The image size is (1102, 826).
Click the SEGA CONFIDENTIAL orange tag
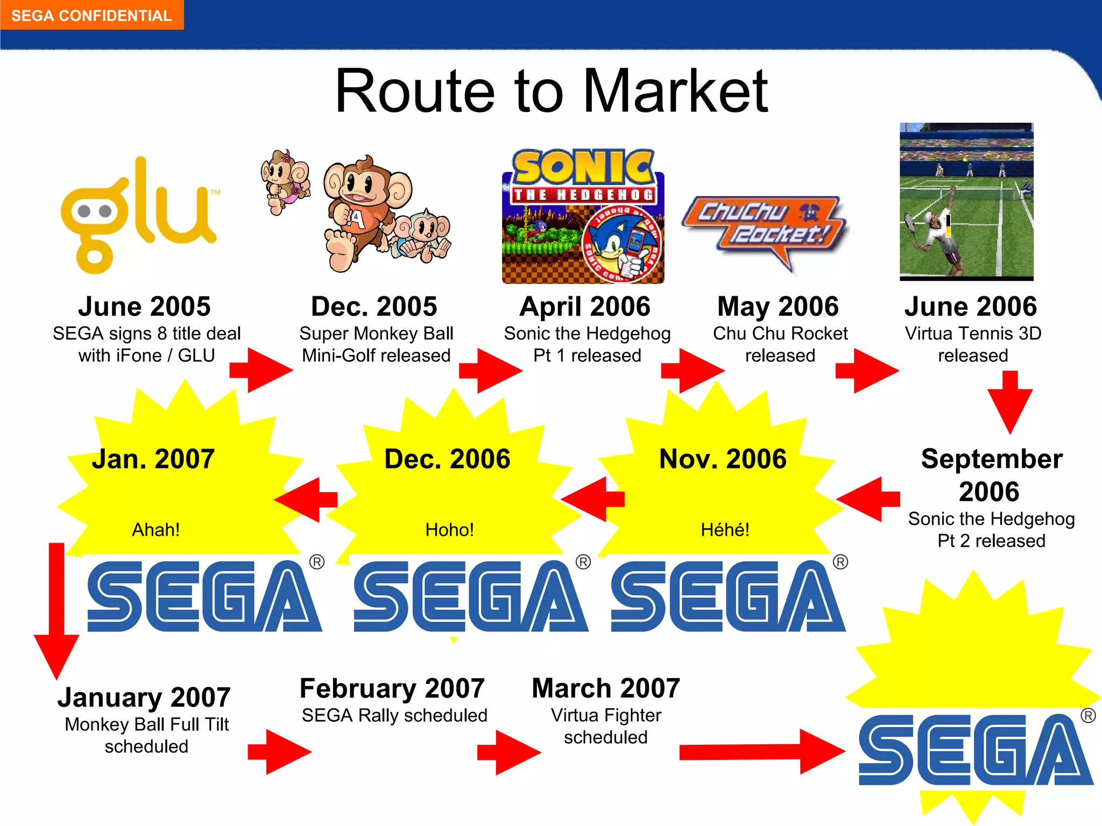[91, 15]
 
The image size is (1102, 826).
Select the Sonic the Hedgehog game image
[583, 216]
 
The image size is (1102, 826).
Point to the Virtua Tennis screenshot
[966, 202]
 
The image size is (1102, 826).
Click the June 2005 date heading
[144, 307]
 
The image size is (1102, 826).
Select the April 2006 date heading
[585, 307]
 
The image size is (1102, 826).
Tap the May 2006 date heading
[778, 307]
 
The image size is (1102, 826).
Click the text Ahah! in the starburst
[156, 530]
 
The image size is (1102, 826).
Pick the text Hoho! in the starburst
[449, 530]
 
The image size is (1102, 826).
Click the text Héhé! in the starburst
[725, 530]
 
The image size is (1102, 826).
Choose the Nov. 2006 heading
[723, 459]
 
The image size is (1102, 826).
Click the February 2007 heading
[392, 688]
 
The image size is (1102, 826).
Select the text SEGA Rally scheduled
[394, 715]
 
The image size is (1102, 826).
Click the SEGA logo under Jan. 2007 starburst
[204, 596]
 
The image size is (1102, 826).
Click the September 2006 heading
[991, 475]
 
